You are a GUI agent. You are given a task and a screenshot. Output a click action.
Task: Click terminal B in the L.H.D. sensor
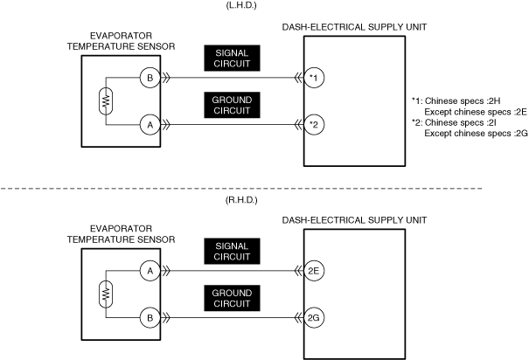(150, 78)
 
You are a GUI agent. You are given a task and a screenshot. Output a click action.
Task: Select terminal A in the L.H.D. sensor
(150, 125)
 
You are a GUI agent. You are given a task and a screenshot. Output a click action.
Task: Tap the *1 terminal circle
(314, 78)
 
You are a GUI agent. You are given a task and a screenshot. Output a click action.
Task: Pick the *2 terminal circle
(314, 125)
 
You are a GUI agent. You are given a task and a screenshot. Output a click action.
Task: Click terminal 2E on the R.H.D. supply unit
(314, 271)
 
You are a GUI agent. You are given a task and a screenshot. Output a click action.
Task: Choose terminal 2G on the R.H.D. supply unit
(314, 317)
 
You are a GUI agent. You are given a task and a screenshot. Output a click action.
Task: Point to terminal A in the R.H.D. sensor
(150, 271)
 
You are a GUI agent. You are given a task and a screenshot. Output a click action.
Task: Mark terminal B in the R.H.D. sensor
(150, 317)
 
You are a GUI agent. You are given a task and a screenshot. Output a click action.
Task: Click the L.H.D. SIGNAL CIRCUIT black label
(232, 58)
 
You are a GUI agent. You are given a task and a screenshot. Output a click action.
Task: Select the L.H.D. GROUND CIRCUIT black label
(232, 105)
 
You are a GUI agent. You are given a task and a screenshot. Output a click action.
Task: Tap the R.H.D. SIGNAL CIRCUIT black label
(232, 251)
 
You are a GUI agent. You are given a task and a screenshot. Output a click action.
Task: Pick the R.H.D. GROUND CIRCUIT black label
(232, 298)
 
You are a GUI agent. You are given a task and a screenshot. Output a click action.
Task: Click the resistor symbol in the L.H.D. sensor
(106, 101)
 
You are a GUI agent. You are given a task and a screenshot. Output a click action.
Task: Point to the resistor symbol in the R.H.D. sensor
(106, 294)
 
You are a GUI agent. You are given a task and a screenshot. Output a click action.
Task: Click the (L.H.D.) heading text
(241, 6)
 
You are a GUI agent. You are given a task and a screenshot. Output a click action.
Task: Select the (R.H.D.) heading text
(241, 200)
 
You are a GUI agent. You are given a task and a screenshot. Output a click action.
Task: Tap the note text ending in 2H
(456, 100)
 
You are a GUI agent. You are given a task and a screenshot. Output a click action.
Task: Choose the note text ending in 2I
(454, 122)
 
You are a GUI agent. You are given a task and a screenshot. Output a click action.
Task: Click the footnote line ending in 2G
(476, 133)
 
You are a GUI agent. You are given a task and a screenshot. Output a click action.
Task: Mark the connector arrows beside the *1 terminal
(298, 78)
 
